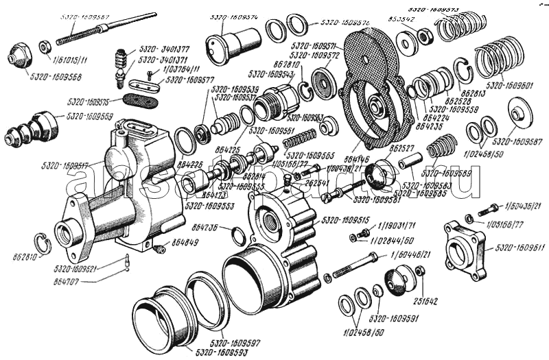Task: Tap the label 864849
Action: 185,243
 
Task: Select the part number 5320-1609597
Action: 235,341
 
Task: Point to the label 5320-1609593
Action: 219,352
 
